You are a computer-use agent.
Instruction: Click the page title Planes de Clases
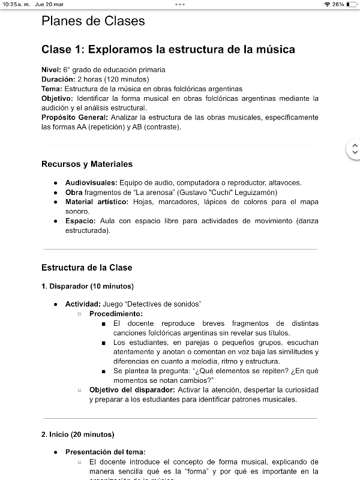pyautogui.click(x=93, y=21)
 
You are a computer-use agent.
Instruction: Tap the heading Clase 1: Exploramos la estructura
pyautogui.click(x=168, y=49)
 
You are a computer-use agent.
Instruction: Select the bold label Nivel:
pyautogui.click(x=51, y=70)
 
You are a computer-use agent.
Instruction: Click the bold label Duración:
pyautogui.click(x=58, y=79)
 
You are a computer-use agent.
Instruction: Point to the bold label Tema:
pyautogui.click(x=52, y=89)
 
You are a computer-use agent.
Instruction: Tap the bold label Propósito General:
pyautogui.click(x=74, y=117)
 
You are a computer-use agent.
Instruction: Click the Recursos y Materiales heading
pyautogui.click(x=87, y=164)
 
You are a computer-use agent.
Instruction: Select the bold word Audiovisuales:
pyautogui.click(x=91, y=182)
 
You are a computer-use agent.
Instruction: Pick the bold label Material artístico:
pyautogui.click(x=97, y=202)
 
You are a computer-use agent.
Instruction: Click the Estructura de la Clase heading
pyautogui.click(x=87, y=267)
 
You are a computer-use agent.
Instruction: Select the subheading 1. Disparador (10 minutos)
pyautogui.click(x=88, y=286)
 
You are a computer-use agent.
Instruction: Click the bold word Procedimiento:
pyautogui.click(x=116, y=314)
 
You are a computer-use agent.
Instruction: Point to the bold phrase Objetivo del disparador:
pyautogui.click(x=132, y=389)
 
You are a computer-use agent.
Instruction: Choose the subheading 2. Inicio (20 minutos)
pyautogui.click(x=78, y=434)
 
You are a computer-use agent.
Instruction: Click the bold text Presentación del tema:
pyautogui.click(x=105, y=452)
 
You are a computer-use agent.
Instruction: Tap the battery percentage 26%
pyautogui.click(x=338, y=4)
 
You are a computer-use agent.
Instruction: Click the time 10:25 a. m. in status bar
pyautogui.click(x=15, y=4)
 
